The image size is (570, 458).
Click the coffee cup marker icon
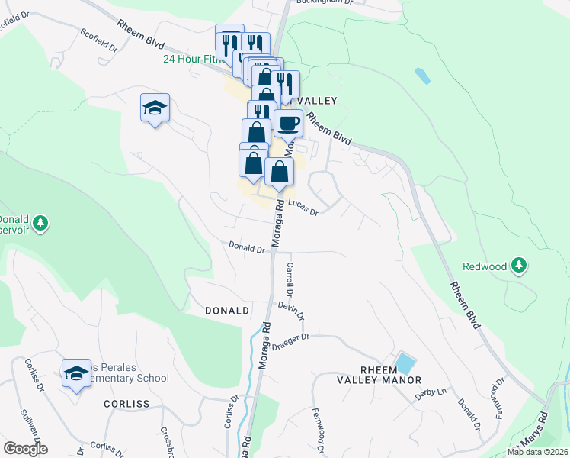288,123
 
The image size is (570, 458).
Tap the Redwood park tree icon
519,265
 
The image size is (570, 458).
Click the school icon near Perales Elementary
76,373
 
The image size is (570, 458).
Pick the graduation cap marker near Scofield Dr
155,108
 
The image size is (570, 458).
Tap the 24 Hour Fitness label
193,59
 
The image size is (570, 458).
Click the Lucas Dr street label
302,208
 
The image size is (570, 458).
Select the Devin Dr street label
291,311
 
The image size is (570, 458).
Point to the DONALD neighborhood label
227,311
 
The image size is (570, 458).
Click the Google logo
26,449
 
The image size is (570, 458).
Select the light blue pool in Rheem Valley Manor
405,362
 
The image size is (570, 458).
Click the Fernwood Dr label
319,428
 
